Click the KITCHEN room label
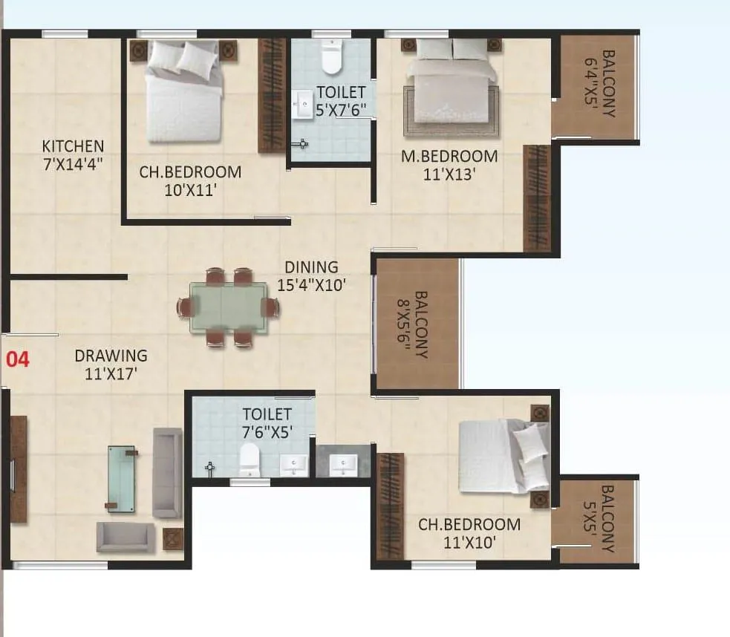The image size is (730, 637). (73, 146)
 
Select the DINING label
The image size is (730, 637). (312, 267)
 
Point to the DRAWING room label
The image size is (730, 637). (111, 356)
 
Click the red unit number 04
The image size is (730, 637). (18, 360)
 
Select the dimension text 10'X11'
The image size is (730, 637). (190, 189)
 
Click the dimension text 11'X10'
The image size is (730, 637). (469, 542)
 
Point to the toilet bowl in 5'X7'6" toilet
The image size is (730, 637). (331, 57)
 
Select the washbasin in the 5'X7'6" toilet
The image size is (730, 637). (303, 105)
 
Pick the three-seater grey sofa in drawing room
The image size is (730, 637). (167, 472)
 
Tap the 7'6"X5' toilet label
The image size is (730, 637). (267, 422)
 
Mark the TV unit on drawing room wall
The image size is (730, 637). (19, 469)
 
